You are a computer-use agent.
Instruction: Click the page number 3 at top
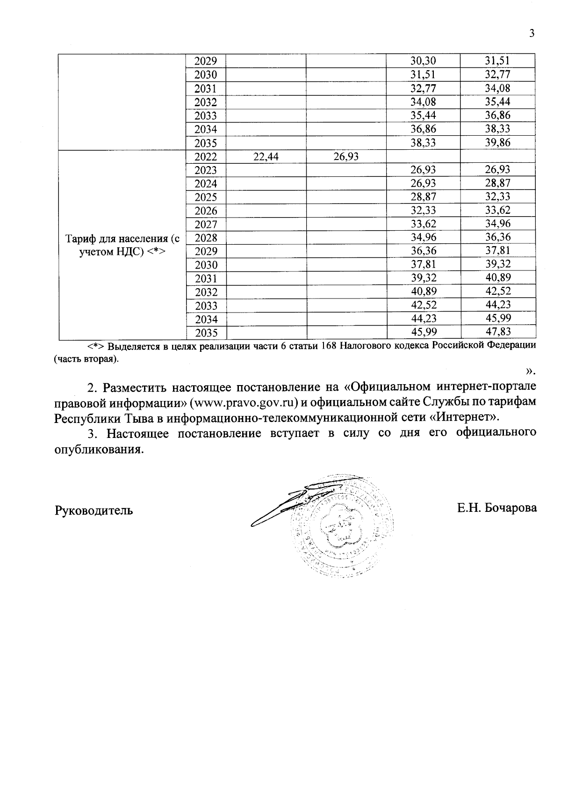click(x=531, y=33)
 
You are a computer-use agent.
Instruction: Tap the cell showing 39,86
click(x=497, y=143)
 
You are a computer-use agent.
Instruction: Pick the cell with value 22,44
click(x=266, y=157)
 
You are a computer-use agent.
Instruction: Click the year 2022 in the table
click(x=206, y=157)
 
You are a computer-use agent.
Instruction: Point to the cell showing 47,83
click(x=497, y=332)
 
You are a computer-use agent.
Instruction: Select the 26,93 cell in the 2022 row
click(x=346, y=157)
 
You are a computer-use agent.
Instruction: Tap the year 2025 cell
click(x=206, y=197)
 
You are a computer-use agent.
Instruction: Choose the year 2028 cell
click(x=206, y=238)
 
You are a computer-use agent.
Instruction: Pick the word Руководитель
click(x=94, y=510)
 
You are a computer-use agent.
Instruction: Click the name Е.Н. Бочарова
click(x=497, y=508)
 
